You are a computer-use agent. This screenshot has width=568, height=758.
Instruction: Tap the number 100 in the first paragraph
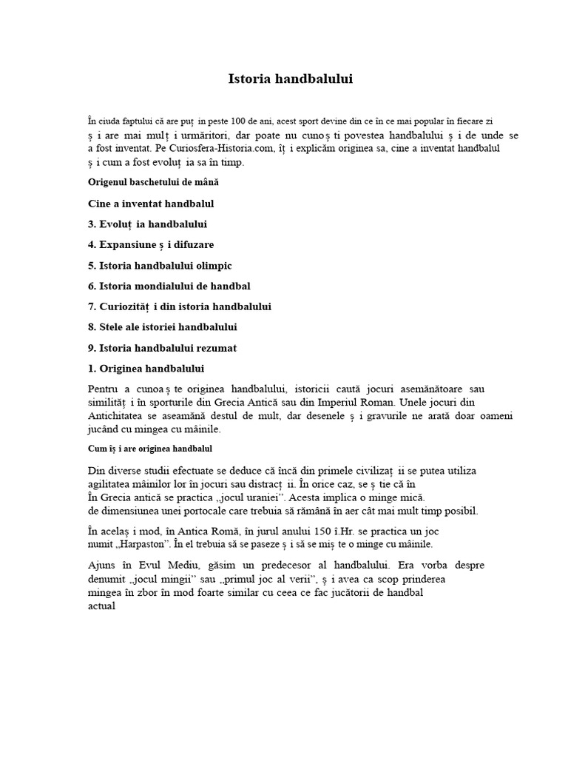tap(239, 120)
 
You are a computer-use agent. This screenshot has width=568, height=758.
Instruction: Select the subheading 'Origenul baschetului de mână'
tap(153, 181)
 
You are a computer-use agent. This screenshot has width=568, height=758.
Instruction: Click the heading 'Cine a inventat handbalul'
tap(151, 203)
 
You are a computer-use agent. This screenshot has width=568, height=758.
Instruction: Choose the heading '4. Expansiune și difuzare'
tap(151, 244)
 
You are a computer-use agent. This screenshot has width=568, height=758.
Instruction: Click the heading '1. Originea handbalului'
tap(146, 369)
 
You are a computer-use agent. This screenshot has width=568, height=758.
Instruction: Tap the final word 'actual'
tap(102, 606)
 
